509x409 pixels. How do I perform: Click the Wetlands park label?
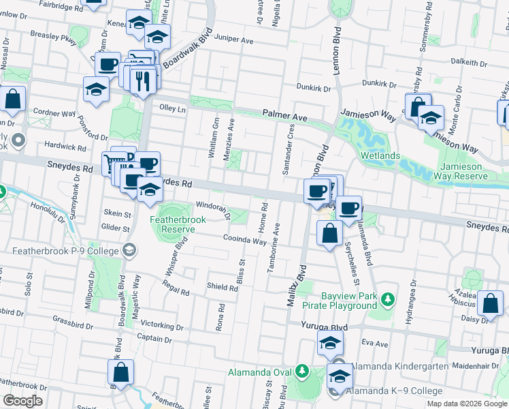coord(380,156)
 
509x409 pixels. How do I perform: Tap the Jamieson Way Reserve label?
coord(463,172)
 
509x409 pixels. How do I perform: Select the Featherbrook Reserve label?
coord(172,224)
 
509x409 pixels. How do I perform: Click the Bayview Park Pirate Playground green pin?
coord(388,299)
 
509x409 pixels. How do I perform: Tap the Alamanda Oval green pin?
coord(302,372)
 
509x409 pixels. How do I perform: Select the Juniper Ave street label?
coord(233,41)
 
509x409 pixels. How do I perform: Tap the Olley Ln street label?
coord(172,108)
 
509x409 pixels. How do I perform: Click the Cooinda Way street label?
coord(245,240)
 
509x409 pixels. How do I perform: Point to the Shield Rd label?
coord(223,288)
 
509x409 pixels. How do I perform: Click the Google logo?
coord(22,401)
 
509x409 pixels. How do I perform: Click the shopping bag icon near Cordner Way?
coord(13,100)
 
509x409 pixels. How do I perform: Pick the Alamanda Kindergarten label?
coord(399,366)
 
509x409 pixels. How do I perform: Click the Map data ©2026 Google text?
coord(467,404)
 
